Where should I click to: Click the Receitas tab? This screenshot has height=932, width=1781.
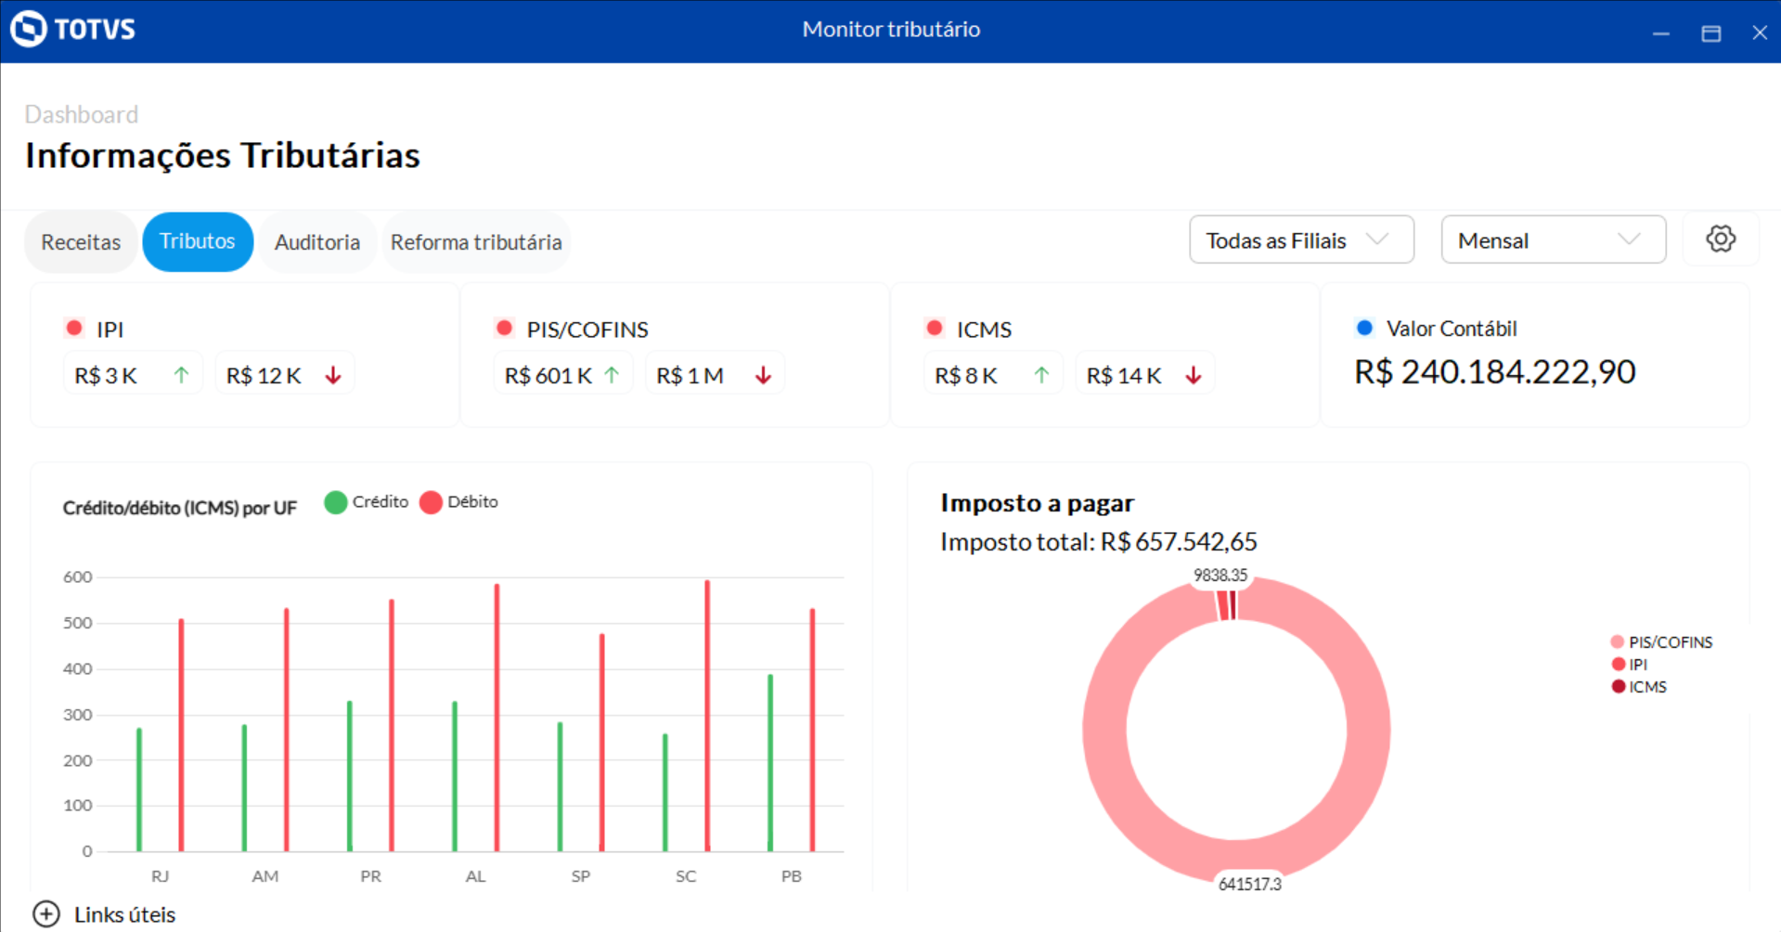[x=81, y=242]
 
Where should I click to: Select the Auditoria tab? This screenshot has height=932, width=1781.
[x=317, y=242]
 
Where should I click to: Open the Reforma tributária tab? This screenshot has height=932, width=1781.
[x=476, y=242]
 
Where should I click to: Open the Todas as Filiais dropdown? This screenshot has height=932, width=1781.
[x=1301, y=240]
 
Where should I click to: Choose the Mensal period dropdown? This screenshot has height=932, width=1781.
[x=1553, y=240]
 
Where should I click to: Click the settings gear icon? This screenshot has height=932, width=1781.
[x=1721, y=239]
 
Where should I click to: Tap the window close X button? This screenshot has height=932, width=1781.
[x=1759, y=32]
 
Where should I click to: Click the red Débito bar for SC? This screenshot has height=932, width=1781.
[x=707, y=715]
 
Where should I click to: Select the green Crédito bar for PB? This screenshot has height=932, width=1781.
[x=770, y=761]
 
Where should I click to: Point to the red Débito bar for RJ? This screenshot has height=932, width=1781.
[x=181, y=733]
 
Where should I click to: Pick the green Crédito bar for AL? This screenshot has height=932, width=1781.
[x=455, y=775]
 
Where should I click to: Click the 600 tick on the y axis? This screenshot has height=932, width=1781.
[x=78, y=577]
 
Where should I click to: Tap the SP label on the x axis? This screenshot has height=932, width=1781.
[x=581, y=876]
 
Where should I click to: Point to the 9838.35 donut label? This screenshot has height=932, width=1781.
[x=1220, y=576]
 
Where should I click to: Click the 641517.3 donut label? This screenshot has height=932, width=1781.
[x=1249, y=884]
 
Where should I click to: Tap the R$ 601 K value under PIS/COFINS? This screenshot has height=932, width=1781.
[x=548, y=376]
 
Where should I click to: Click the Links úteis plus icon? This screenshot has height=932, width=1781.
[x=45, y=914]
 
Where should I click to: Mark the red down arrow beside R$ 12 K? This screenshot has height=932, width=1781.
[x=333, y=375]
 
